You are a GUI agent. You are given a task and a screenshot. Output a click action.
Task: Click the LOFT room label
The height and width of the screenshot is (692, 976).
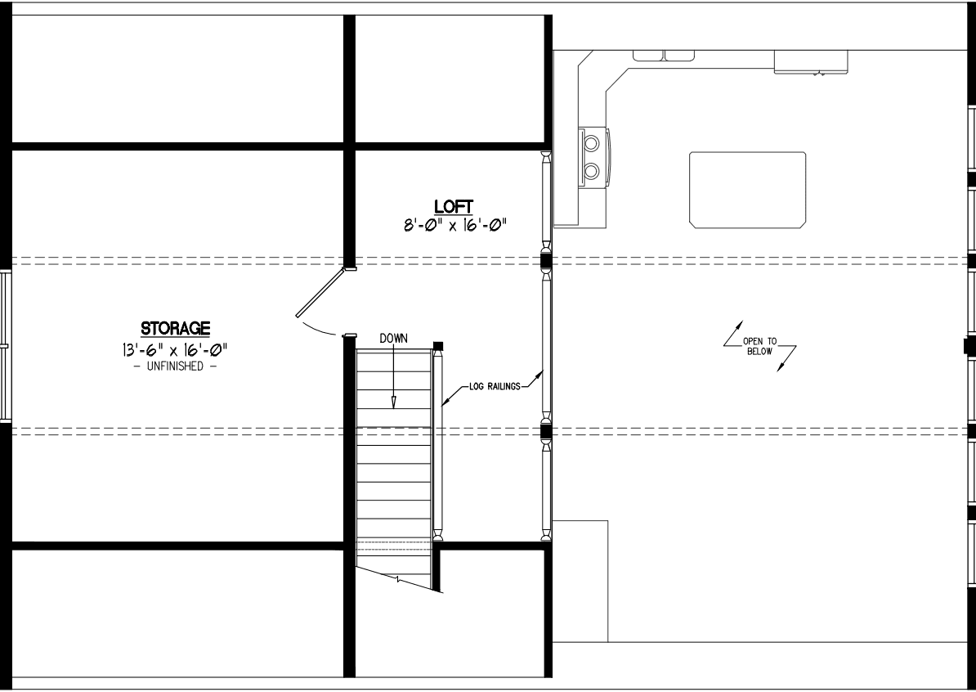(453, 206)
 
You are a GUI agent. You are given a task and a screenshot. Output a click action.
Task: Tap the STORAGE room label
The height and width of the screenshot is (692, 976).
(175, 328)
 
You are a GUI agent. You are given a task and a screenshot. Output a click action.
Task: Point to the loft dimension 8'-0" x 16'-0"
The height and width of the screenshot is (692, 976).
(454, 224)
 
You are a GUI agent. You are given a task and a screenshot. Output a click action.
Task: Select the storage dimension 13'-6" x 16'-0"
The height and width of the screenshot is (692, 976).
(175, 348)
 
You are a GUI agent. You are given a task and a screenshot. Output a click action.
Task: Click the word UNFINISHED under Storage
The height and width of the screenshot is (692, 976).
(175, 366)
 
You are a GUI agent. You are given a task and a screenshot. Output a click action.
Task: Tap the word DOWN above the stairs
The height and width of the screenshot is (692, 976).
(393, 338)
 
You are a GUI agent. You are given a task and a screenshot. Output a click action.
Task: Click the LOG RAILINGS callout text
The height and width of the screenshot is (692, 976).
(495, 387)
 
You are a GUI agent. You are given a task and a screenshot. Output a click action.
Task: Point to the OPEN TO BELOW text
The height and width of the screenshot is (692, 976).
(759, 346)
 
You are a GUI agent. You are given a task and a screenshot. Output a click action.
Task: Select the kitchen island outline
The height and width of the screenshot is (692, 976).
(747, 190)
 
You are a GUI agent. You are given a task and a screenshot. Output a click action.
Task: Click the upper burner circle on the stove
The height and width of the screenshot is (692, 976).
(591, 144)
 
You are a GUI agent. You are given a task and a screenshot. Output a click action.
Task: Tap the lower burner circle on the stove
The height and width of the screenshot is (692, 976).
(591, 170)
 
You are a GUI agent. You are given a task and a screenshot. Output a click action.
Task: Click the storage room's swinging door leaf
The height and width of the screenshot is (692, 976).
(320, 293)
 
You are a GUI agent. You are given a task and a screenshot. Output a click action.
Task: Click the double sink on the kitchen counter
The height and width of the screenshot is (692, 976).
(664, 56)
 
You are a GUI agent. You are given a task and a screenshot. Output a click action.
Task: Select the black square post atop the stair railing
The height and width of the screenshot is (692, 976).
(437, 346)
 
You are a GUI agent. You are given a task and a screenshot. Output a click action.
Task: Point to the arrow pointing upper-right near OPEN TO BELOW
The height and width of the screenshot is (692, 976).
(733, 333)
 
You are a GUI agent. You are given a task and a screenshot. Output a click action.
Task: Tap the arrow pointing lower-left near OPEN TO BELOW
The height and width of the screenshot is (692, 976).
(787, 359)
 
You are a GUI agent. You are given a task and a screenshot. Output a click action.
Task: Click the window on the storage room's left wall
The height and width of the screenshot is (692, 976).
(6, 346)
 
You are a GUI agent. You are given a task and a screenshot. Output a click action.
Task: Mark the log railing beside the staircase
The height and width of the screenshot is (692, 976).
(437, 443)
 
